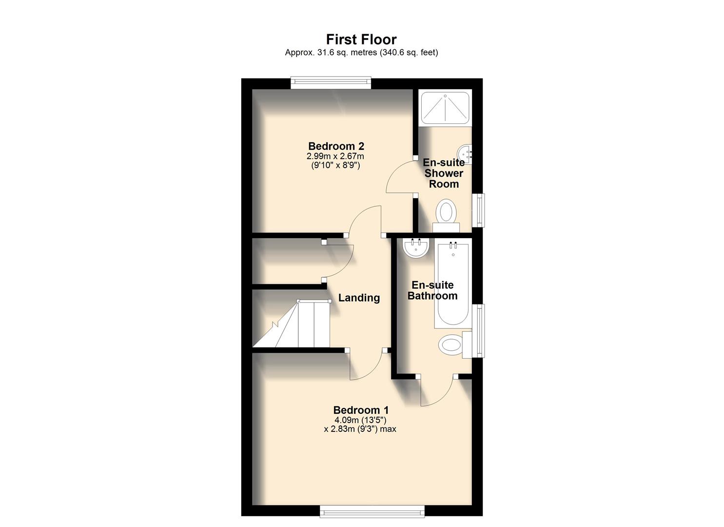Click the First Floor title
[361, 39]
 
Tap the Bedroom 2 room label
[336, 146]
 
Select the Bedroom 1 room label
[361, 410]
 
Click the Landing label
[359, 298]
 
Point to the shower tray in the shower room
[445, 107]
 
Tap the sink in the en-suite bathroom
[416, 247]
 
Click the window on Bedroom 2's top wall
[331, 82]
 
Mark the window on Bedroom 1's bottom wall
[372, 511]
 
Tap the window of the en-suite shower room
[481, 210]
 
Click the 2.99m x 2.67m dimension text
[335, 156]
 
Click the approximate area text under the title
[361, 52]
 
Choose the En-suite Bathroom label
[432, 290]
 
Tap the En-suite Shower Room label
[443, 173]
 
